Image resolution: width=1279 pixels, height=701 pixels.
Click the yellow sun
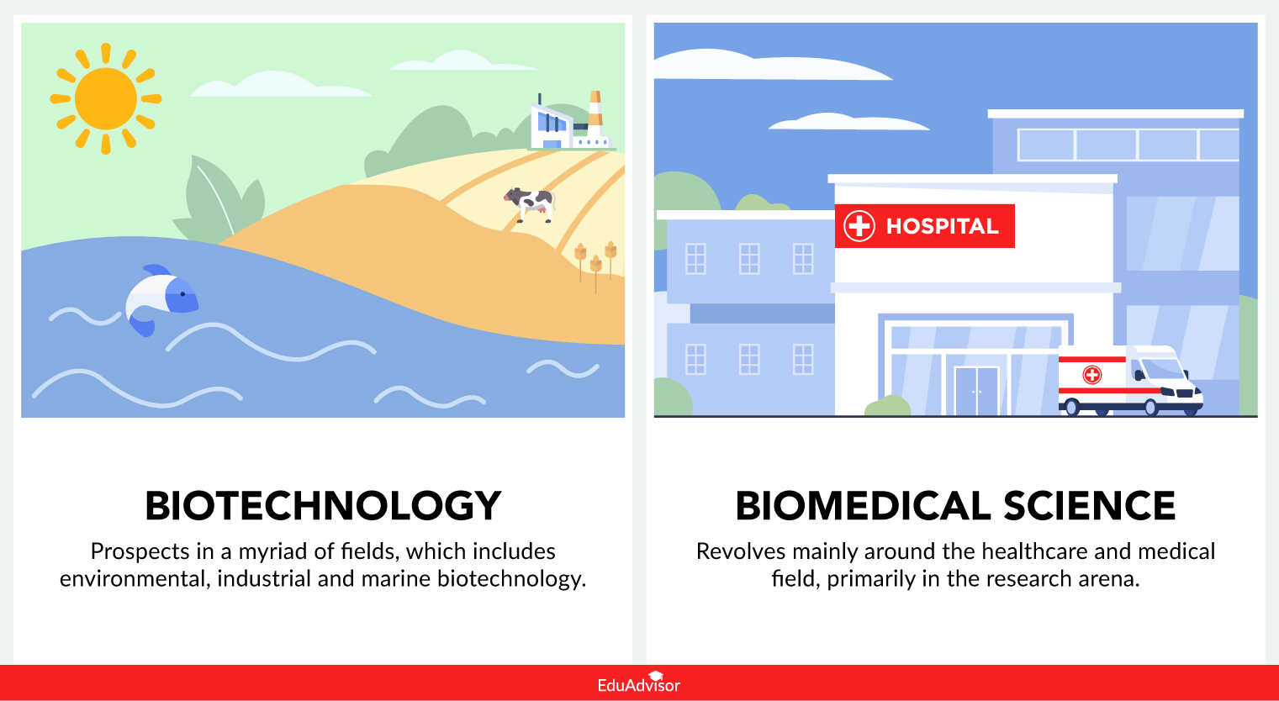(x=105, y=98)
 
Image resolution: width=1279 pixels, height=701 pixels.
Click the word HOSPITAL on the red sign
(x=942, y=226)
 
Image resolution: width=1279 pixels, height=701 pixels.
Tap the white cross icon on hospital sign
(x=859, y=226)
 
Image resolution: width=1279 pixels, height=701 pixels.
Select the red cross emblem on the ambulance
(x=1091, y=375)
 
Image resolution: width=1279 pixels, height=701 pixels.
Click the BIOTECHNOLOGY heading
(x=323, y=506)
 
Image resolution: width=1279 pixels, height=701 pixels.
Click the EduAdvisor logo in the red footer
(x=639, y=683)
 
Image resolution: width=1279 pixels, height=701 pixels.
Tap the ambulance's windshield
(x=1164, y=369)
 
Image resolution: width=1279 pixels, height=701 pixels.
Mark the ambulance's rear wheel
(x=1071, y=408)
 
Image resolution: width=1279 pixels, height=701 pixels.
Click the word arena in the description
(x=1110, y=579)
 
